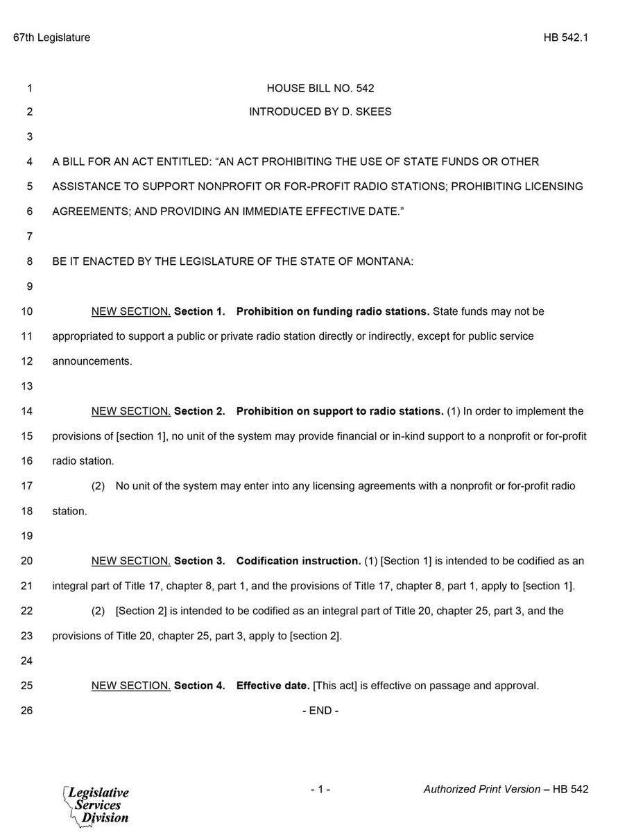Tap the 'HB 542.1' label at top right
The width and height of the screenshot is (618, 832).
[x=566, y=38]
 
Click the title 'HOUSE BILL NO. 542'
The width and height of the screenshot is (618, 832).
[x=320, y=89]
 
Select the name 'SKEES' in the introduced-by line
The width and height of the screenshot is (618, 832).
[x=375, y=112]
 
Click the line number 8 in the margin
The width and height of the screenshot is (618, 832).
[x=29, y=263]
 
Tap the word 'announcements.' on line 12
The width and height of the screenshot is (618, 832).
[x=92, y=361]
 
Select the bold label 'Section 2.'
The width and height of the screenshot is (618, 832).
[x=199, y=411]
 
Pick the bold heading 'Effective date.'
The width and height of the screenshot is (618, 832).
[x=273, y=686]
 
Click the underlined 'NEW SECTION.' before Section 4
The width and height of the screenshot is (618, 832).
[x=131, y=686]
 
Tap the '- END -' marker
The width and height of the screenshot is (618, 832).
[x=320, y=711]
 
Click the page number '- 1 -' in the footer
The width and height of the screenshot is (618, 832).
[x=320, y=790]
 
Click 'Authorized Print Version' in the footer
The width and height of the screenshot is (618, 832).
[x=481, y=790]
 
